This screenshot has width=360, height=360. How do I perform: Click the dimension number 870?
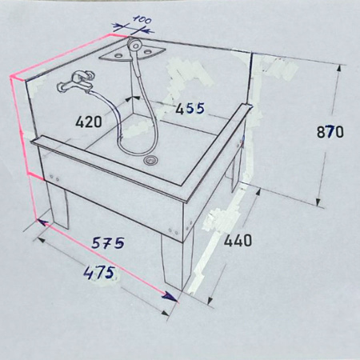click(330, 132)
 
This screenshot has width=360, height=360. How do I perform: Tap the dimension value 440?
click(238, 241)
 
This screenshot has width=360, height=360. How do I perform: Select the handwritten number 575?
click(108, 242)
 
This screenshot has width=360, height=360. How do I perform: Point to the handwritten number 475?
click(99, 273)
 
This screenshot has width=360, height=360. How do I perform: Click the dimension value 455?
click(190, 109)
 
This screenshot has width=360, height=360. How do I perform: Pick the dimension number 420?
click(89, 122)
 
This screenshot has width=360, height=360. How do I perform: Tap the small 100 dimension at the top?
click(142, 19)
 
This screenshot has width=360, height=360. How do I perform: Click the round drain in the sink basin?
click(151, 160)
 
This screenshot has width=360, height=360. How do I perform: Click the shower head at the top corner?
click(134, 45)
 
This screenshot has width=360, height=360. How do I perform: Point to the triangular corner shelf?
click(133, 54)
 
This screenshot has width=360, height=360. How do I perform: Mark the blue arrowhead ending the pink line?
click(170, 297)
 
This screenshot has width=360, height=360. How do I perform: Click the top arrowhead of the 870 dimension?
click(338, 70)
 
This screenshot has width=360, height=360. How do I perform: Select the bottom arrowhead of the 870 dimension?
click(318, 202)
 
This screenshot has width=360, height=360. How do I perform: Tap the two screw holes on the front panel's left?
click(54, 178)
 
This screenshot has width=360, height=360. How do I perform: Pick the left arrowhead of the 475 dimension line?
click(41, 240)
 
